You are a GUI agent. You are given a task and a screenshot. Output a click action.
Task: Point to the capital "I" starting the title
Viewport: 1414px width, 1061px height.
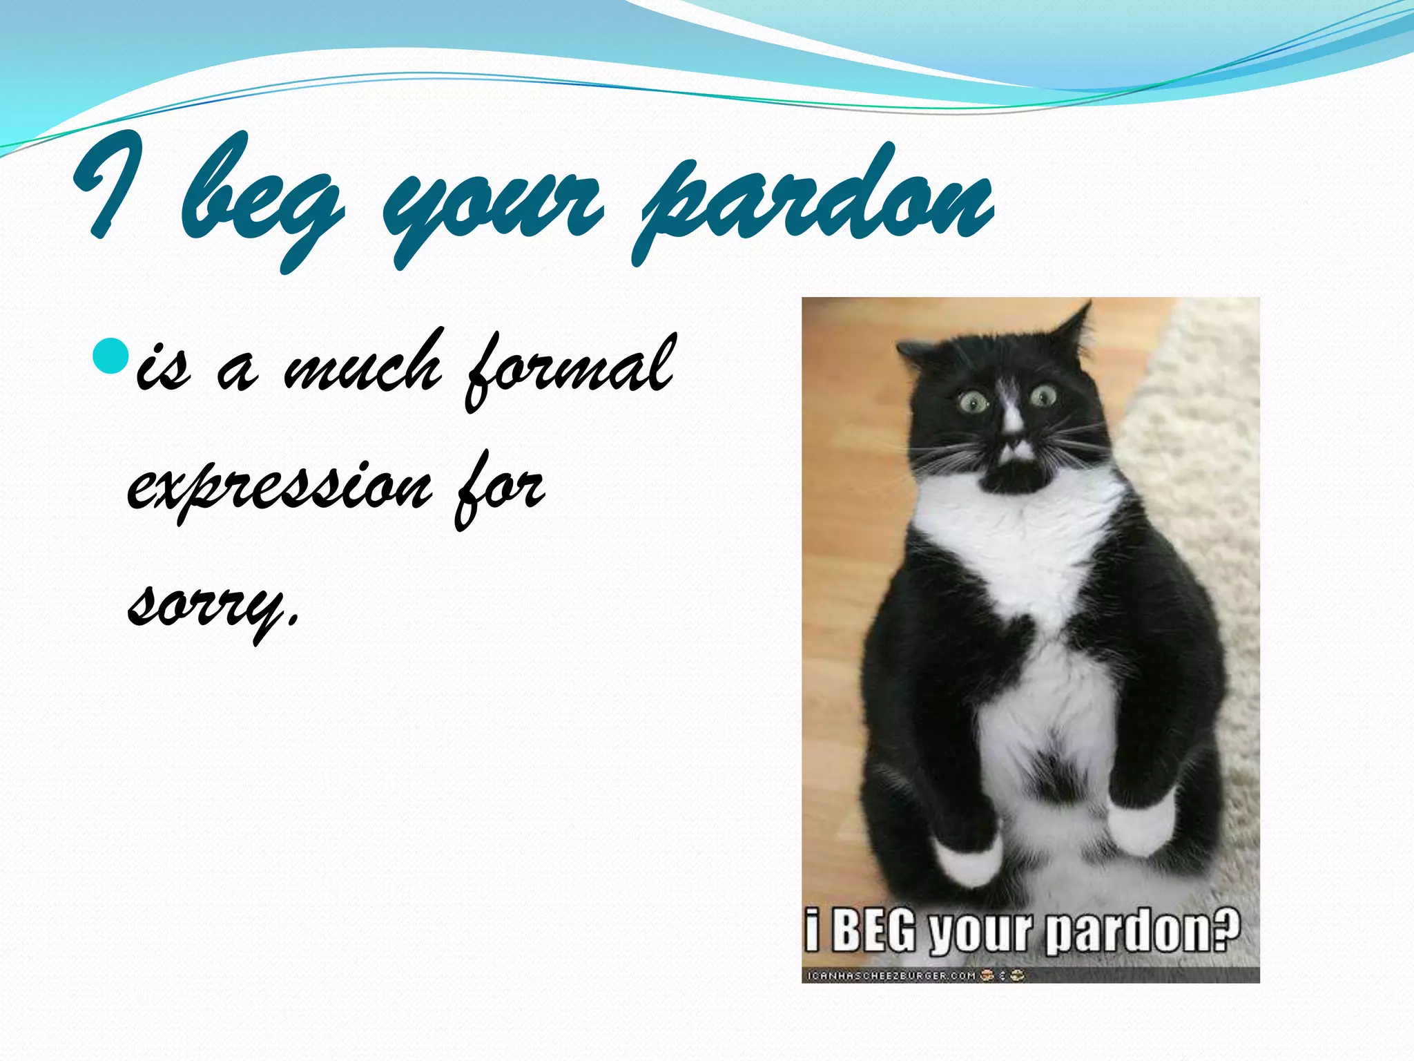point(110,187)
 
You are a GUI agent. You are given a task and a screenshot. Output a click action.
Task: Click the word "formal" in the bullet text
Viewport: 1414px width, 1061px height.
point(570,370)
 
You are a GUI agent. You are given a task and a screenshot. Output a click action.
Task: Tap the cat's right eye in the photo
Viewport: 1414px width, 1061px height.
point(1043,396)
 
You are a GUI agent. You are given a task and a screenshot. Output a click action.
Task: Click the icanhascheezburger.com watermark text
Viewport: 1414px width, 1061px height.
point(891,975)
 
